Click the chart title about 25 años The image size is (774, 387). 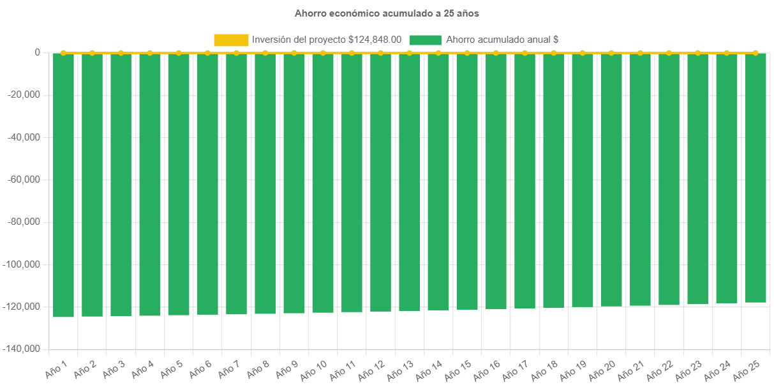[x=387, y=13]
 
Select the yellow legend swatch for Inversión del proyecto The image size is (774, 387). [x=231, y=40]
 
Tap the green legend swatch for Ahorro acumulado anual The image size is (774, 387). [x=425, y=40]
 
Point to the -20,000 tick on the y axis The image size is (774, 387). [x=24, y=95]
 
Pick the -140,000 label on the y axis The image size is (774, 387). [x=22, y=349]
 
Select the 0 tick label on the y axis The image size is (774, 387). [x=37, y=52]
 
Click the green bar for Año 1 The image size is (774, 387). [x=63, y=185]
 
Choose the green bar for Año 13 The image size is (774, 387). [x=409, y=182]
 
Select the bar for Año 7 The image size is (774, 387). [x=236, y=184]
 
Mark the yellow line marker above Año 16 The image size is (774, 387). [x=496, y=52]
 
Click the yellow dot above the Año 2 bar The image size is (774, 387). [x=92, y=52]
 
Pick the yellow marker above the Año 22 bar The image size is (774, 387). [x=669, y=52]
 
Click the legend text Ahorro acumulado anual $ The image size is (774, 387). [x=502, y=40]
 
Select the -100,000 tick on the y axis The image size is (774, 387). [x=22, y=264]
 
